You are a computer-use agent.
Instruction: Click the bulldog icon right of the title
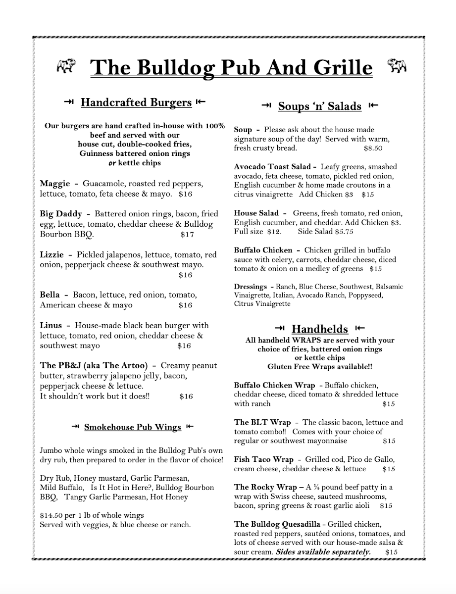[397, 66]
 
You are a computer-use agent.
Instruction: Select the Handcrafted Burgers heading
[136, 102]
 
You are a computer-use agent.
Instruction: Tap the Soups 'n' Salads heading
[319, 106]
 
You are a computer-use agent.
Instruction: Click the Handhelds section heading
[319, 329]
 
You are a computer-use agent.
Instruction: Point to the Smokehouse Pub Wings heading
[133, 427]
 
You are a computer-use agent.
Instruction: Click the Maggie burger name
[55, 184]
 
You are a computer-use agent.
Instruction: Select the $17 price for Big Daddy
[187, 235]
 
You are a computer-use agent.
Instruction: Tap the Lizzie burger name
[52, 255]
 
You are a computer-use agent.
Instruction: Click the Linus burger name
[51, 325]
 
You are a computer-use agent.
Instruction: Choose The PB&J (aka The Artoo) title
[94, 365]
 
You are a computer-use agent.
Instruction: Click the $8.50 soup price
[373, 148]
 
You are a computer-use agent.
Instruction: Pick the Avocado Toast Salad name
[272, 167]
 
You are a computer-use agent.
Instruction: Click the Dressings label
[251, 287]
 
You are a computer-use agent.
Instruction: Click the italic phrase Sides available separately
[323, 551]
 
